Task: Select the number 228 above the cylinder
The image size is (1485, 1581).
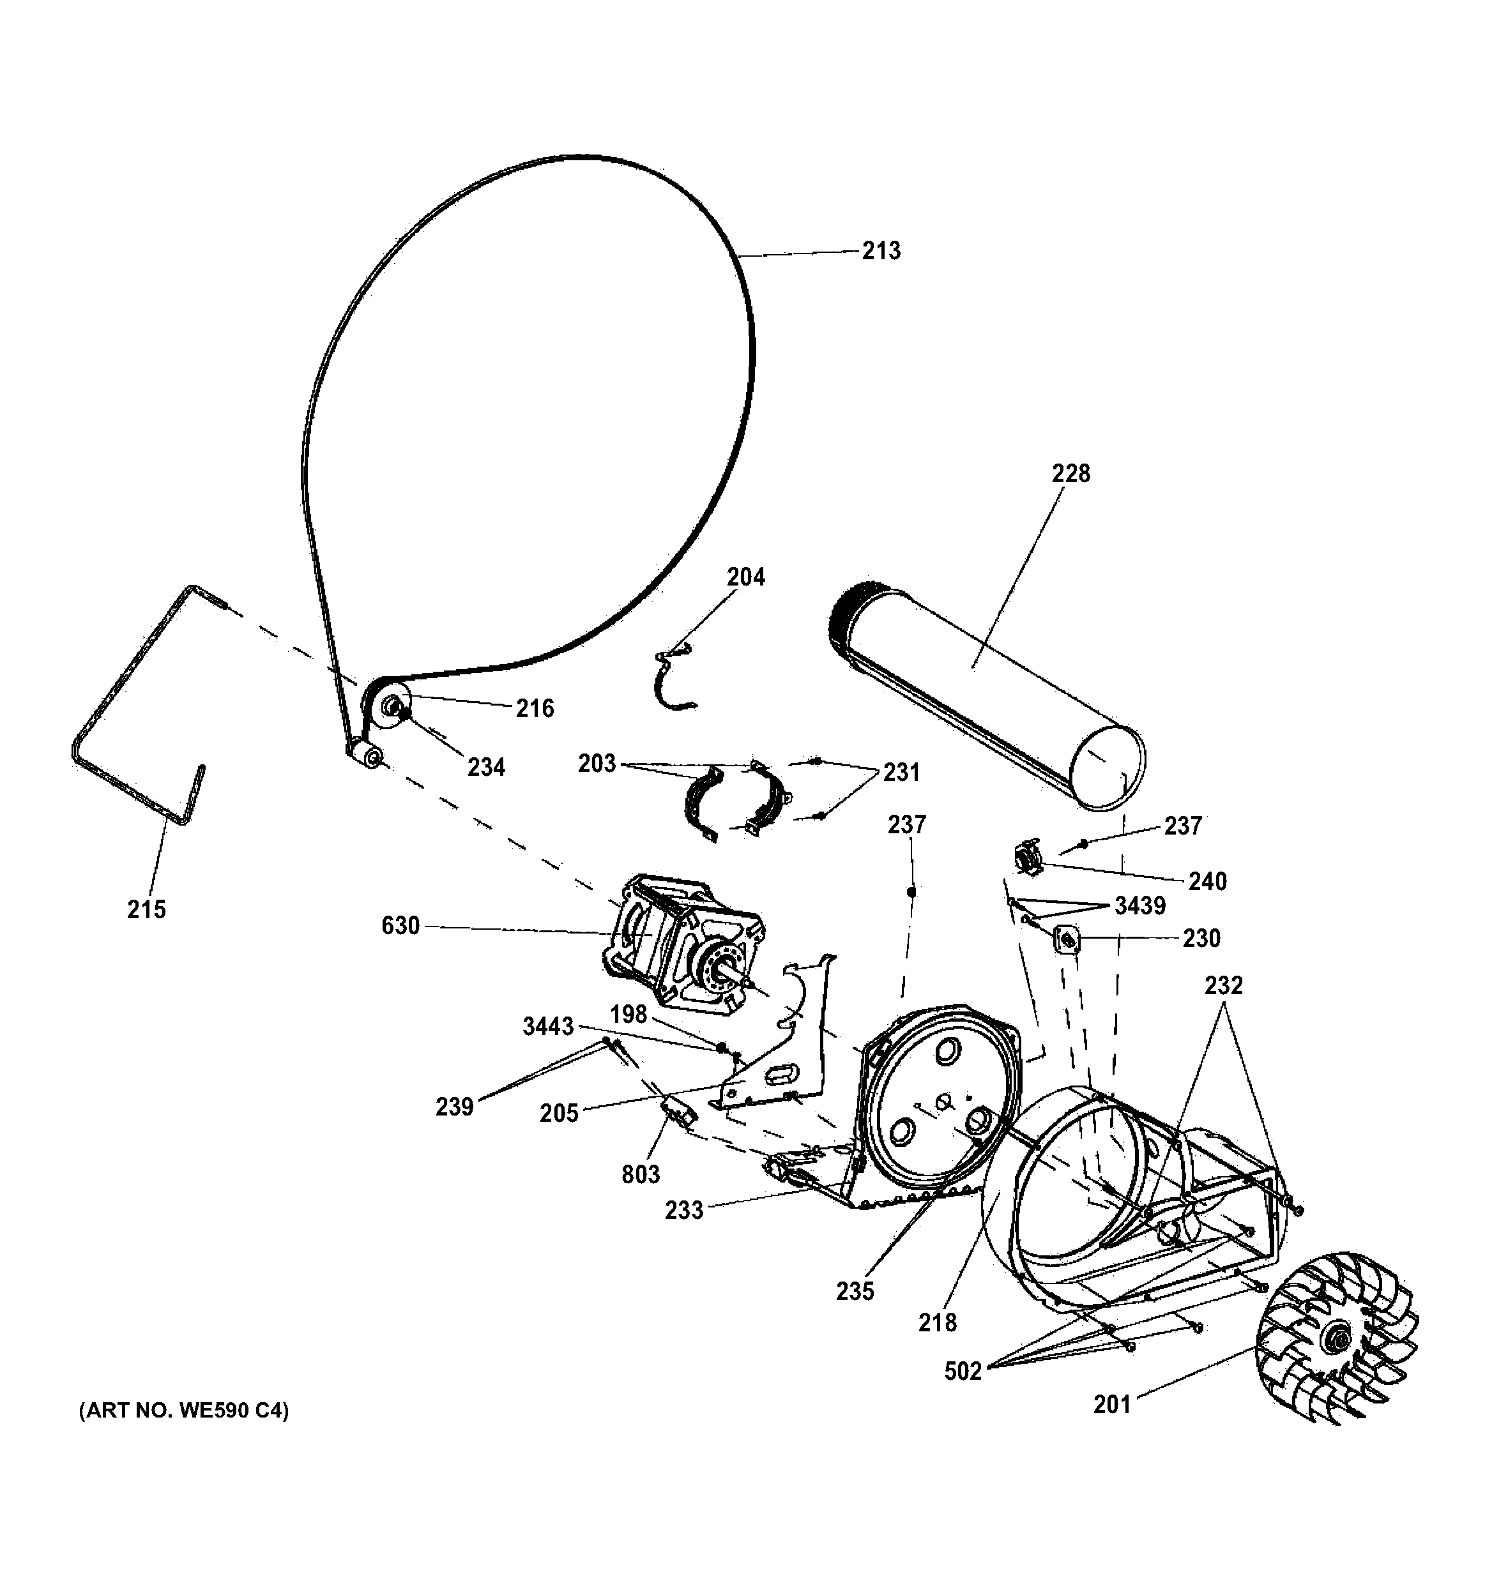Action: (1070, 473)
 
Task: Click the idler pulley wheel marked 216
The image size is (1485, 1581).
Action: (390, 706)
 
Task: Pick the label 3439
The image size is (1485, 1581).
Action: (1140, 906)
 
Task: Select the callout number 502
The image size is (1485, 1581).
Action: (963, 1371)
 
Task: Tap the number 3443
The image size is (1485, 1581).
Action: (548, 1027)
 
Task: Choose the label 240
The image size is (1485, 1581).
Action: (1207, 881)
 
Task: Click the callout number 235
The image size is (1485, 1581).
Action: (855, 1290)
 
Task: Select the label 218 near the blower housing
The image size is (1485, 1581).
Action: (937, 1322)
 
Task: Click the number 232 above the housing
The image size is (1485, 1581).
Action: (1223, 985)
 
